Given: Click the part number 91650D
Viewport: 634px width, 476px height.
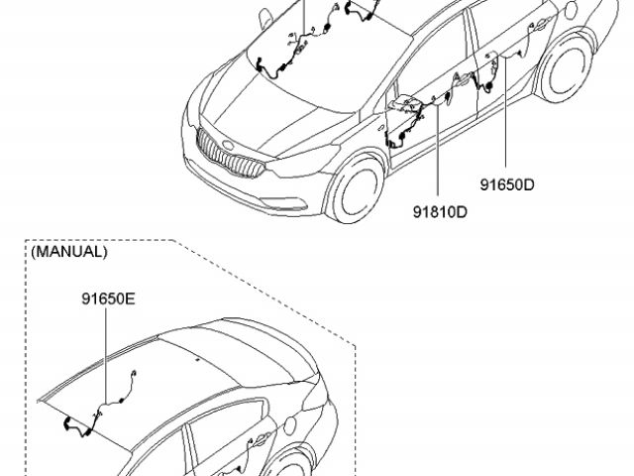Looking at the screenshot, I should [x=507, y=184].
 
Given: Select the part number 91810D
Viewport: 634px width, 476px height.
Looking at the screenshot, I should [x=440, y=211].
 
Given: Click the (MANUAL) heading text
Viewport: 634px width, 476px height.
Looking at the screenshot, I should [x=69, y=252].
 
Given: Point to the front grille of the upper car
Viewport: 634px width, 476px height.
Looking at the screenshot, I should [x=227, y=154].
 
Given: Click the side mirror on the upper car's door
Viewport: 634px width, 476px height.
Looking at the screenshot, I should [x=404, y=103].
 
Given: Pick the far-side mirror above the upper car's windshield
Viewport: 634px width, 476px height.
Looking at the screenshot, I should [x=266, y=16].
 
